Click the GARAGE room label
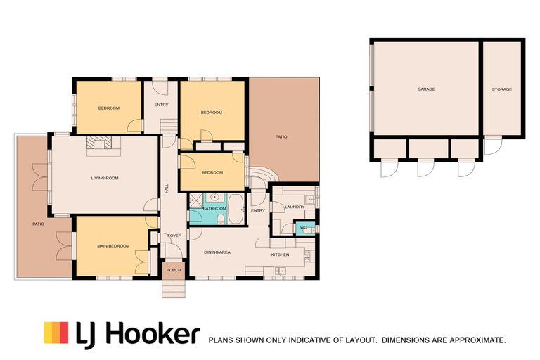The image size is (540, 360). click(x=426, y=89)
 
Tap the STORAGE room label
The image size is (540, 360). click(x=501, y=89)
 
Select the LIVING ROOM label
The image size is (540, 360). click(x=105, y=178)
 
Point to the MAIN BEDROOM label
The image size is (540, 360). click(x=113, y=246)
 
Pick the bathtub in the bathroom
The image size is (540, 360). click(x=236, y=209)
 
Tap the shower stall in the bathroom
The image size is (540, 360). click(x=195, y=200)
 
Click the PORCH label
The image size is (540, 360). click(x=174, y=270)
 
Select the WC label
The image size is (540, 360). click(x=303, y=227)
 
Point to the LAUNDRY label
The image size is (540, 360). click(x=295, y=207)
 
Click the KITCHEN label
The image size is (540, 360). click(x=280, y=255)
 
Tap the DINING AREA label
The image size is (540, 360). click(x=217, y=252)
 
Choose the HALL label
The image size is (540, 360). click(x=167, y=188)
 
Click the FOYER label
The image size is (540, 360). click(x=174, y=236)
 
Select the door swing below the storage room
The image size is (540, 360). click(x=492, y=146)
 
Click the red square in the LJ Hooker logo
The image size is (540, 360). click(x=64, y=333)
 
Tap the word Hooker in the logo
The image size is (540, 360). click(x=152, y=333)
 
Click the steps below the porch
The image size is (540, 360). click(x=174, y=288)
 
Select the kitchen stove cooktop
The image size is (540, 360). click(x=307, y=256)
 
